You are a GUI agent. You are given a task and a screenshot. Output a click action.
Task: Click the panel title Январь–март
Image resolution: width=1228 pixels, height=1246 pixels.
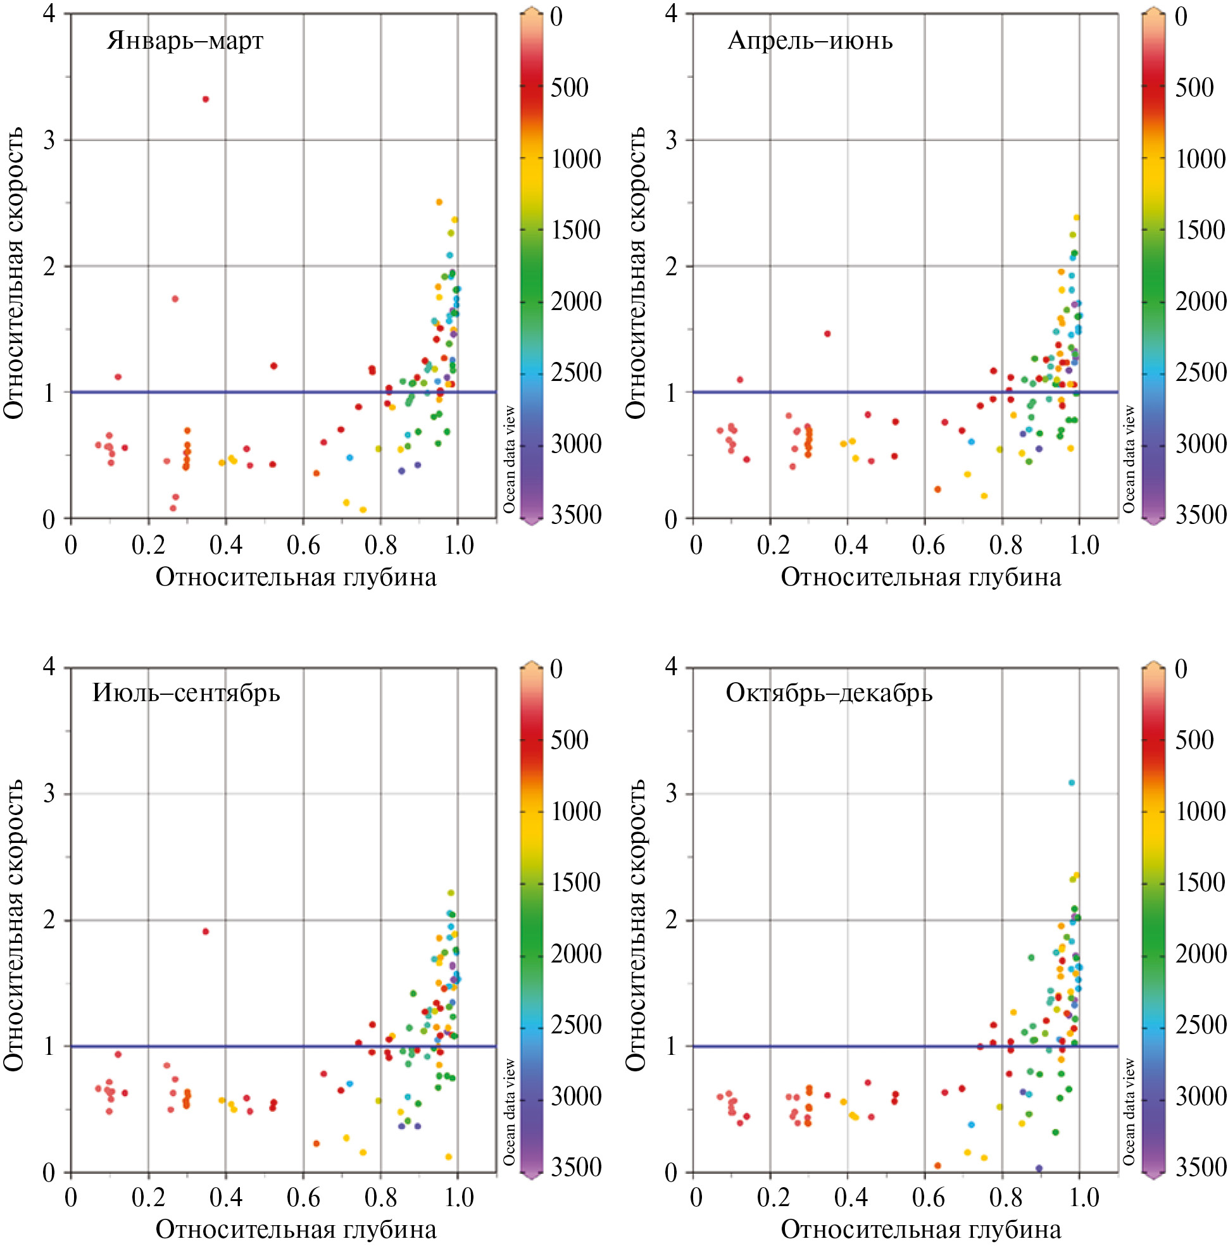point(185,40)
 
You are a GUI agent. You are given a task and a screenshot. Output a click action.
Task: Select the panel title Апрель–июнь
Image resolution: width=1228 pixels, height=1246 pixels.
point(810,40)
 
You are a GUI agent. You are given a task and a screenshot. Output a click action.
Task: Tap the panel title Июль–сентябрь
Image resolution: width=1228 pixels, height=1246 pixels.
point(186,693)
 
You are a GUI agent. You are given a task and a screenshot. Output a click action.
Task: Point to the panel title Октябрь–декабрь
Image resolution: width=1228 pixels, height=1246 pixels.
point(829,693)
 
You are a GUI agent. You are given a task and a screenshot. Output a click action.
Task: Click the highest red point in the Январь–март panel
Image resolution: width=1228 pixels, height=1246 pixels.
point(206,99)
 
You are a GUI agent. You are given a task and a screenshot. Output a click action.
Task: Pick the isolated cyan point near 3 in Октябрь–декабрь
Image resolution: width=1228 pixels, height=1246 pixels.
point(1072,783)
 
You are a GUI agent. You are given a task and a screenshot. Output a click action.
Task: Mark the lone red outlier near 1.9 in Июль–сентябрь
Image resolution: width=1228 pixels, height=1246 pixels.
point(206,931)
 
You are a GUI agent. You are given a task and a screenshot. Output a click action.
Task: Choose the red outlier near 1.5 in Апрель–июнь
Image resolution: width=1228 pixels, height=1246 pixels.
point(827,334)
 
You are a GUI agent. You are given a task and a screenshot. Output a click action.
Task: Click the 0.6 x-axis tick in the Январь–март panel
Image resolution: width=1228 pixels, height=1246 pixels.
point(303,545)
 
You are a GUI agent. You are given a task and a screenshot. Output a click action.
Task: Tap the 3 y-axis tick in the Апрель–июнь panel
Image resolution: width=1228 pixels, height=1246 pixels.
point(672,140)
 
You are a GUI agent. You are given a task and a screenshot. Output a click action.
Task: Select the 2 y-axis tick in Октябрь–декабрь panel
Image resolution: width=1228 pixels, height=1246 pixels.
point(672,919)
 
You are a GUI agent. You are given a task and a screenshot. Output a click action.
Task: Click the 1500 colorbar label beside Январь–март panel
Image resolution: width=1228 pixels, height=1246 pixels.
point(575,230)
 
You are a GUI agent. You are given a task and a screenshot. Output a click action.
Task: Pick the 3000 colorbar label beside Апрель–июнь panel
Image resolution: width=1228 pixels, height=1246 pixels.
point(1200,444)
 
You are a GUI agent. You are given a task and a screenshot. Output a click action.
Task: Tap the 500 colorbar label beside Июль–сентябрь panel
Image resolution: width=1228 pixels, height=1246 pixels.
point(569,740)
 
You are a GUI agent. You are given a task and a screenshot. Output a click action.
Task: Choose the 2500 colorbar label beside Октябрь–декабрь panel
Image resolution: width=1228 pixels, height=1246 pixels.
point(1200,1025)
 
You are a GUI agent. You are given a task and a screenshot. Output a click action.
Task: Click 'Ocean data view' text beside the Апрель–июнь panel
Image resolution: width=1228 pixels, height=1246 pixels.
point(1129,459)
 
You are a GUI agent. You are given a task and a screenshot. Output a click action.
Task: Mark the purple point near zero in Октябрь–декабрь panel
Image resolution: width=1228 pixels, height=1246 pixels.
point(1039,1168)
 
